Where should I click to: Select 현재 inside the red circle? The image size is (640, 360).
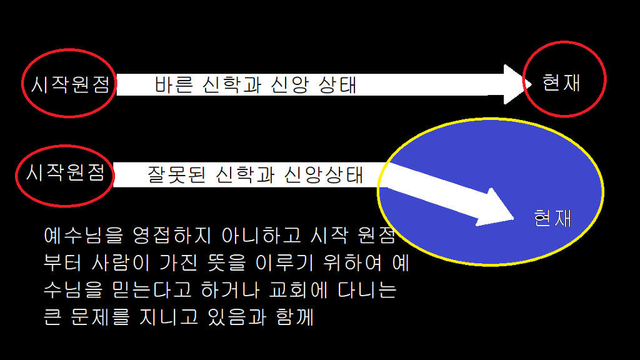coord(561,82)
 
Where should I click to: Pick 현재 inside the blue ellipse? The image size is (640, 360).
coord(552,218)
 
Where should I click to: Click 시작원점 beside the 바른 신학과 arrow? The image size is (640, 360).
coord(71,84)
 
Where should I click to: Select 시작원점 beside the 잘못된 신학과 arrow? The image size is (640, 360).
coord(65,172)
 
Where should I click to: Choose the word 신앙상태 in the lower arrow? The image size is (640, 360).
coord(323,174)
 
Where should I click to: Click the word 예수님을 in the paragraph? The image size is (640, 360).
coord(84,235)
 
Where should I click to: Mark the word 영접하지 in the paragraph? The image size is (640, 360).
coord(172,235)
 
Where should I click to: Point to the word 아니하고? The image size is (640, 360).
coord(261,235)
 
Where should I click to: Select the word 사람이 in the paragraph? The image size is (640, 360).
coord(121,262)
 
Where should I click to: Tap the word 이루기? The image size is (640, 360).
coord(284,262)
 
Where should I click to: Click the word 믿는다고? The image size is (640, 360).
coord(151,290)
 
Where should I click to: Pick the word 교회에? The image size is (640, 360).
coord(298,290)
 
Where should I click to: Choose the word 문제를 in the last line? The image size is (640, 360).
coord(101,317)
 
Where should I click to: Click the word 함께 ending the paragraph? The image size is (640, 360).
coord(295,317)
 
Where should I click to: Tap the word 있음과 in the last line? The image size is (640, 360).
coord(237,317)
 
